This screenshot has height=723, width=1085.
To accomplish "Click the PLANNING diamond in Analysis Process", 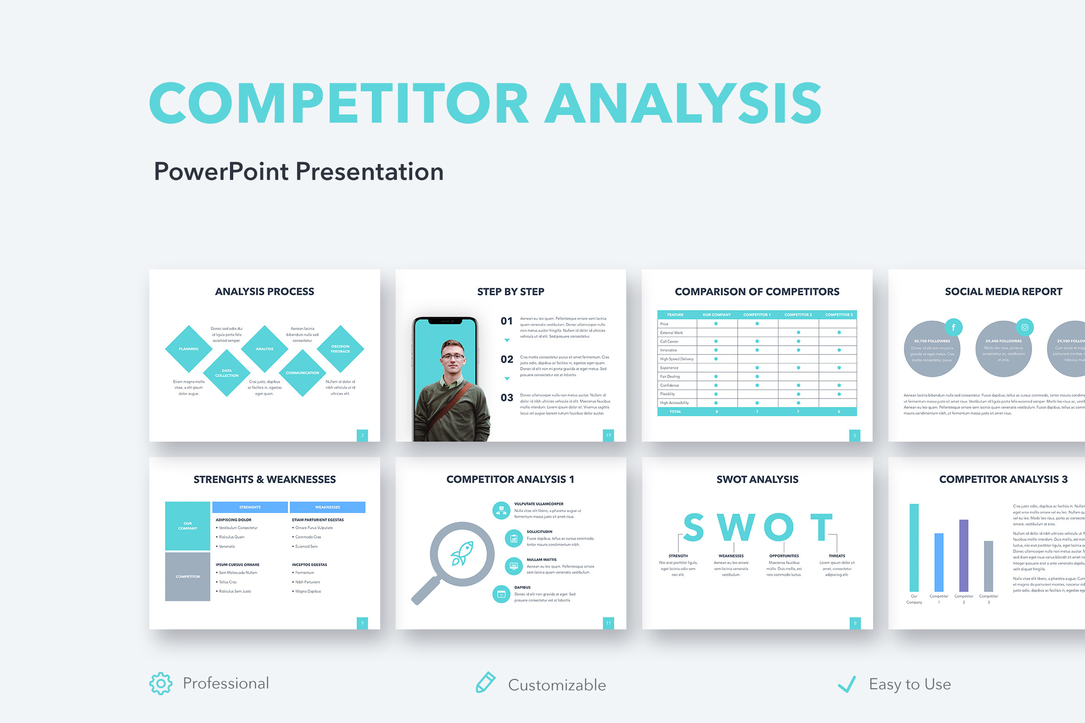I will (189, 349).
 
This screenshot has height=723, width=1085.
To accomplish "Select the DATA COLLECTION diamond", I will (227, 373).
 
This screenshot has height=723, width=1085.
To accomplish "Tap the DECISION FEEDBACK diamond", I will (340, 349).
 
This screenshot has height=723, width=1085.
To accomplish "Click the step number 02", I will (507, 360).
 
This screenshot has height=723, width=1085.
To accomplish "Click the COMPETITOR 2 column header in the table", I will (798, 315).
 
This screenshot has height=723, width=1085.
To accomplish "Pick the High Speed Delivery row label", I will (677, 359).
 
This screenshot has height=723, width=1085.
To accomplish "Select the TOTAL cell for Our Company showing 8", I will (716, 412).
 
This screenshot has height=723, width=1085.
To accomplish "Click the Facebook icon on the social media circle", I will (953, 328).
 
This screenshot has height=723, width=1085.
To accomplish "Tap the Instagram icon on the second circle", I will (1025, 328).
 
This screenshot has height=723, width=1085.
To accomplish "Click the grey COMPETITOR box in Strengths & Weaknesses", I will (188, 577).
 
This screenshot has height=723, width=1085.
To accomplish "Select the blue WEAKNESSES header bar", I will (327, 507).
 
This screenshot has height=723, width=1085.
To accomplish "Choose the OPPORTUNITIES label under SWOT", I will (784, 556).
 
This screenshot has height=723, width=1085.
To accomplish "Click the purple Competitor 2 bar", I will (964, 556).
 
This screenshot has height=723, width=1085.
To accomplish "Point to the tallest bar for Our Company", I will (914, 547).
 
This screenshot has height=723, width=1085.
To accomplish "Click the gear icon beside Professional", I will (161, 684).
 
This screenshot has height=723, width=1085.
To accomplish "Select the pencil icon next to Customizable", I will (485, 683).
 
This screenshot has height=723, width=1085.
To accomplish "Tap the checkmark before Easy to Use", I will (847, 684).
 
